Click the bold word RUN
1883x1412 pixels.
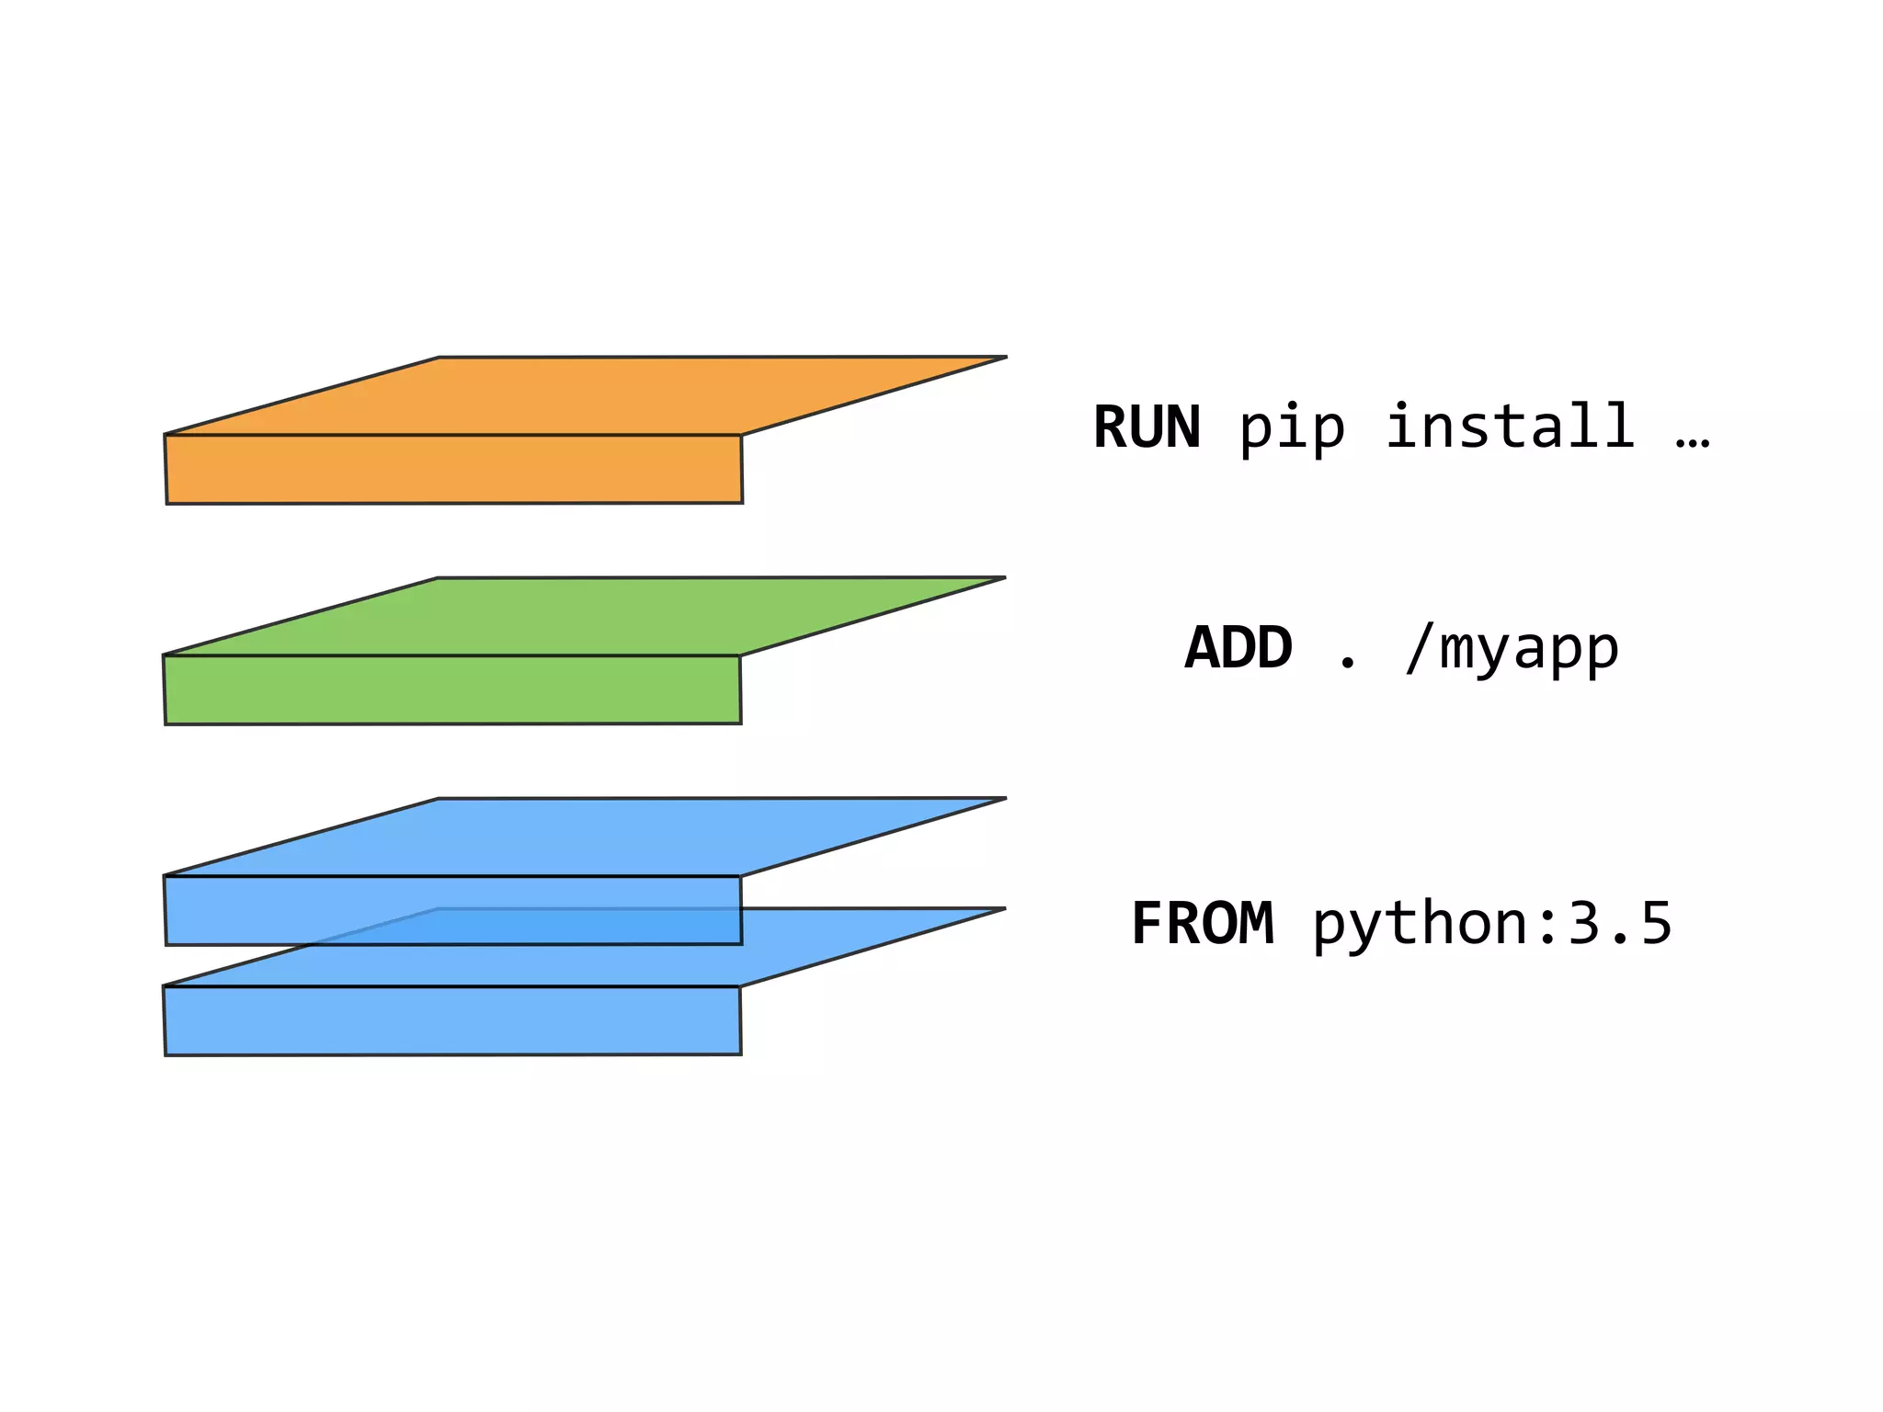tap(1146, 427)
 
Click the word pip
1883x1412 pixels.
tap(1292, 427)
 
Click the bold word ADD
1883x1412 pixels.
tap(1238, 648)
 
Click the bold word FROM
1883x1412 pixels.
tap(1202, 924)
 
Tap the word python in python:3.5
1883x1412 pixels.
tap(1420, 925)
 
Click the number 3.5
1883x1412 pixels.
tap(1619, 924)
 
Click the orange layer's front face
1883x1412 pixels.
tap(453, 469)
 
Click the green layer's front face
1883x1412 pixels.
tap(452, 689)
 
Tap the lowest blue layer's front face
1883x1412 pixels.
tap(452, 1020)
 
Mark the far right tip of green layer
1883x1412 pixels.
tap(1003, 577)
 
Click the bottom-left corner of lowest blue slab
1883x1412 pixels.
tap(166, 1053)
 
